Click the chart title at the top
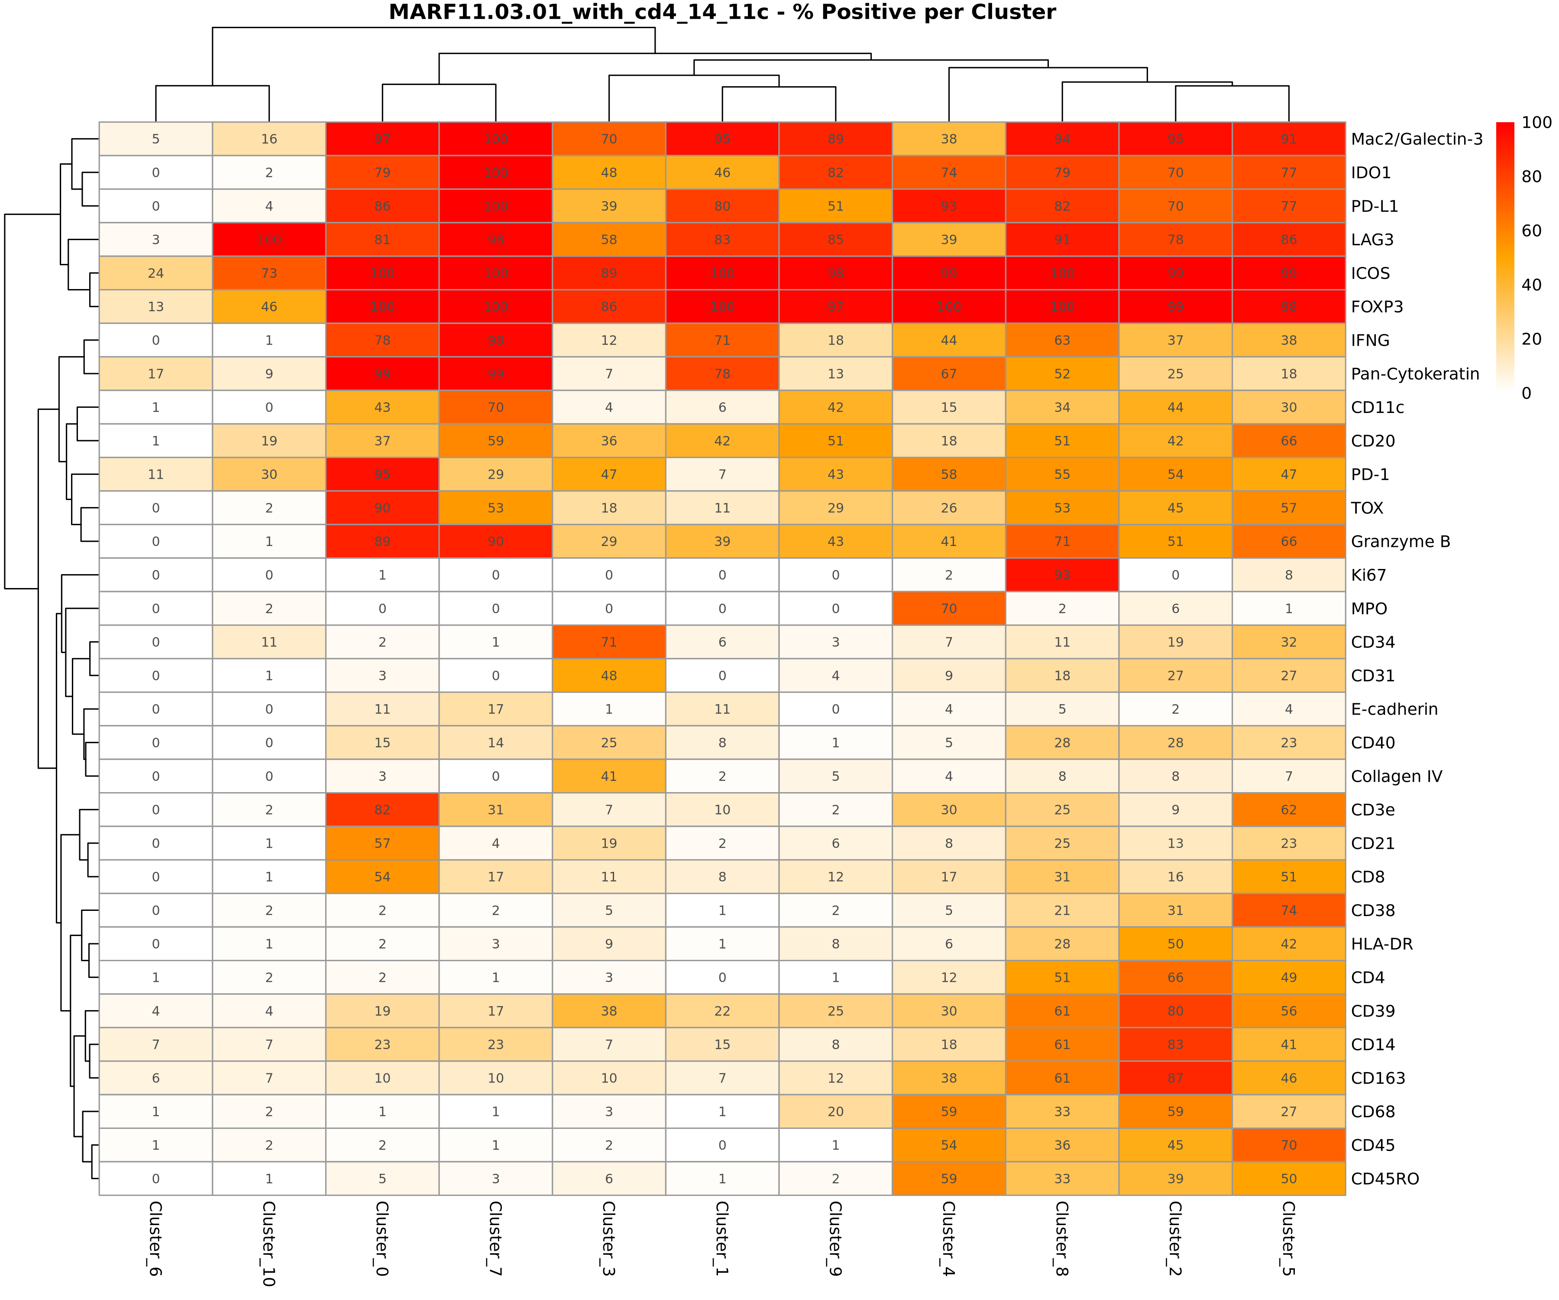click(721, 13)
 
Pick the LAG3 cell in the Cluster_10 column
click(269, 239)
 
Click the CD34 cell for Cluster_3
click(609, 642)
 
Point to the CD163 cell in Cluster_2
click(1175, 1078)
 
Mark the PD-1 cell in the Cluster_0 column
click(382, 474)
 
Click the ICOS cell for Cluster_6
click(156, 273)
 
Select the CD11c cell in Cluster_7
click(495, 407)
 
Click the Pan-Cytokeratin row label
click(1415, 374)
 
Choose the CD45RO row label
click(1384, 1179)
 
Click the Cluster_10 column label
click(269, 1244)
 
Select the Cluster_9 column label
click(835, 1238)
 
